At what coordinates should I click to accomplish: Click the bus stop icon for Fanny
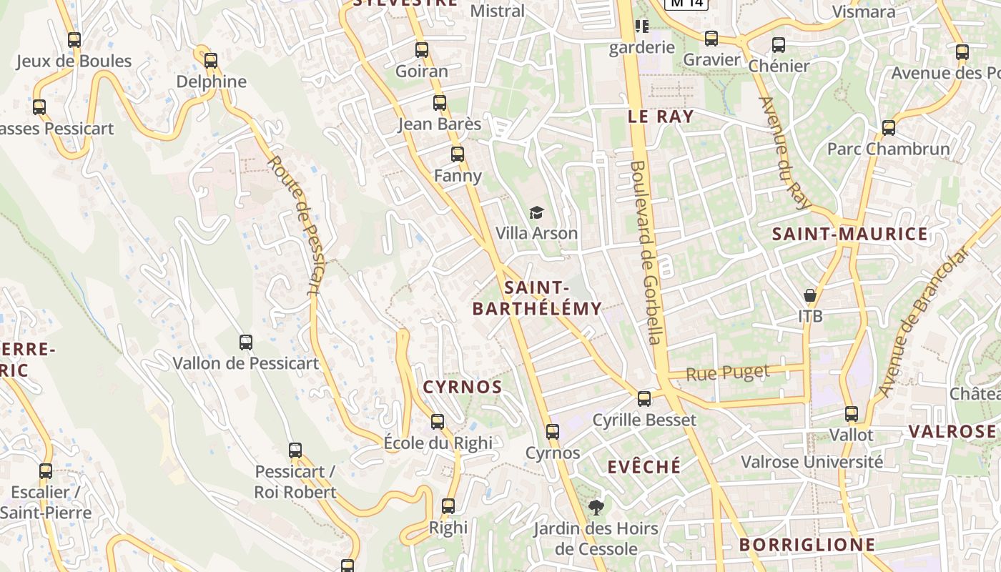(458, 154)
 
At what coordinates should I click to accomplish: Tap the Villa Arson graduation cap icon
(536, 212)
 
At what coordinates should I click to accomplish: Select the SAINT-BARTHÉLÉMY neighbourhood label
(537, 298)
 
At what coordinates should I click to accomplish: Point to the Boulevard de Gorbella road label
(646, 252)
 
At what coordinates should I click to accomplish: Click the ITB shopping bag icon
(810, 295)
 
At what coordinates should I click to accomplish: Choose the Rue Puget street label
(728, 373)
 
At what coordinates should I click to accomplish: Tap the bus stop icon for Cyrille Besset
(644, 398)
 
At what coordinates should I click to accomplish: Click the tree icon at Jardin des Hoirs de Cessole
(596, 508)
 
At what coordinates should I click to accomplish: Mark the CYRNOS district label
(463, 388)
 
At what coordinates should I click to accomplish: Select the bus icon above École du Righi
(438, 422)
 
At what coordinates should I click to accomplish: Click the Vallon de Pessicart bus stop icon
(246, 342)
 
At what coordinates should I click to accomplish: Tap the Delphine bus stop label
(212, 82)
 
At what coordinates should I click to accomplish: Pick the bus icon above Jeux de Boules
(74, 40)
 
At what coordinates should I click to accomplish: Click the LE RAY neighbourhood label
(661, 117)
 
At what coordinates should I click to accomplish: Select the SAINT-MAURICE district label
(850, 234)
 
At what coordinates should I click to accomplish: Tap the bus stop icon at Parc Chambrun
(889, 128)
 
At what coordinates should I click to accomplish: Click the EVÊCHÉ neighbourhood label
(644, 467)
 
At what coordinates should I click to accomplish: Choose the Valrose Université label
(812, 462)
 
